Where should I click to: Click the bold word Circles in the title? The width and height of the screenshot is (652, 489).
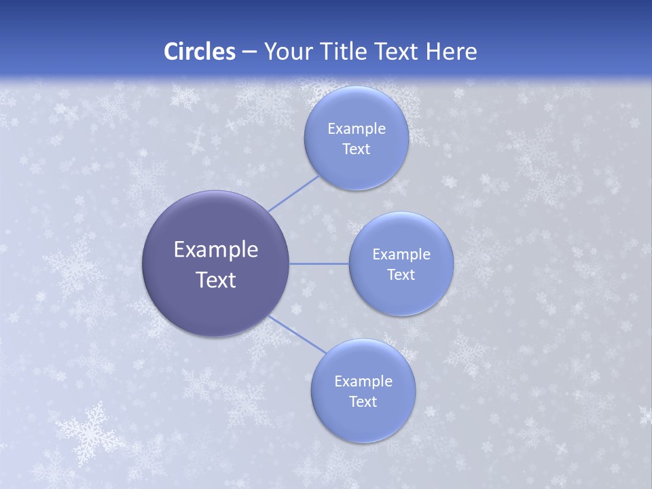point(199,52)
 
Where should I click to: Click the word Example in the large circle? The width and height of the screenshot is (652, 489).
point(216,250)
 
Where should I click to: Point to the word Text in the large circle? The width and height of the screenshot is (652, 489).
point(216,280)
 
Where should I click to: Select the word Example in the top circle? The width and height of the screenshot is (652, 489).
point(356,129)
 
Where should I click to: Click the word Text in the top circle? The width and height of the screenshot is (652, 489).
point(356,149)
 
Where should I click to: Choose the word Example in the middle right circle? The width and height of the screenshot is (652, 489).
point(401,255)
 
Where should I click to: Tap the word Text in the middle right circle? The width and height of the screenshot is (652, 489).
point(401,275)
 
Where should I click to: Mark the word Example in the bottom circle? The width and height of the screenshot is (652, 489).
point(363,382)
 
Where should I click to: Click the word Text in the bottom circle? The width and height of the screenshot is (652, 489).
point(363,402)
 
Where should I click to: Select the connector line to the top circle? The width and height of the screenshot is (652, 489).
point(293,194)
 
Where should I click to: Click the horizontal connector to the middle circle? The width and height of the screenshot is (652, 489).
point(319,264)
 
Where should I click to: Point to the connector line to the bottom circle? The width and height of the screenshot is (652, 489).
point(297,334)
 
